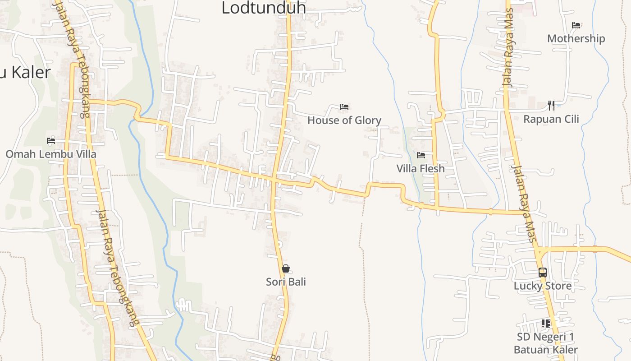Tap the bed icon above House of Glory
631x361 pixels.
tap(344, 107)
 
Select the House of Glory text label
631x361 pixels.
tap(344, 120)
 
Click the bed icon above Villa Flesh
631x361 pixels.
tap(421, 155)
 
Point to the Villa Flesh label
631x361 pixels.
tap(421, 169)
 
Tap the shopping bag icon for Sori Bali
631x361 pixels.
tap(286, 268)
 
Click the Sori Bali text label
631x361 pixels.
tap(286, 282)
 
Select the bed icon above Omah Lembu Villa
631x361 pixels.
tap(51, 141)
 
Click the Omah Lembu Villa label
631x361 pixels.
tap(51, 154)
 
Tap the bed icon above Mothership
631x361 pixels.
tap(576, 25)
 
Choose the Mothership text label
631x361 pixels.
tap(576, 39)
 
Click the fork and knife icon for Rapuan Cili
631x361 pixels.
tap(551, 106)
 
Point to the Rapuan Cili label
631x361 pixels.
tap(551, 120)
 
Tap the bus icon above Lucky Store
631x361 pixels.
tap(543, 273)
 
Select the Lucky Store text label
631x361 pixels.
tap(543, 286)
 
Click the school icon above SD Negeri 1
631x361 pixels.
tap(546, 324)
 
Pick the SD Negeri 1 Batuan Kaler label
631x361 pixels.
tap(546, 343)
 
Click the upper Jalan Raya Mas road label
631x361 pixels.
tap(509, 48)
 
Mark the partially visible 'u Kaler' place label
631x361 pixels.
tap(25, 72)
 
